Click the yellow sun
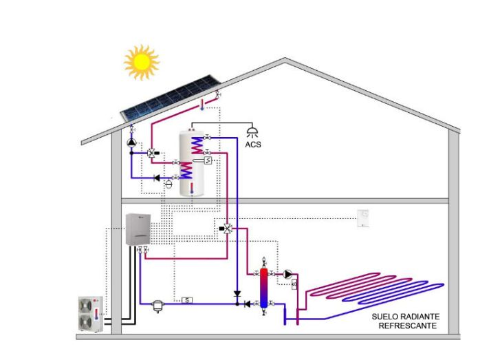click(142, 62)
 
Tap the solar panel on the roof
click(171, 98)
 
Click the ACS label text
click(253, 145)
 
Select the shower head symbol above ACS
click(252, 132)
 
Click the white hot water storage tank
click(192, 163)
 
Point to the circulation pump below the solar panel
click(131, 142)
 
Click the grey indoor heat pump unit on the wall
click(138, 229)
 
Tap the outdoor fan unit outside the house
click(91, 314)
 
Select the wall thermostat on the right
click(363, 218)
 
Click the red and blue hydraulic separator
click(264, 288)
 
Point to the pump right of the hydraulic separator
click(287, 274)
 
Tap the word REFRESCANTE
click(407, 326)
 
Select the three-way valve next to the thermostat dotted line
click(227, 229)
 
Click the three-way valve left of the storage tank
click(152, 153)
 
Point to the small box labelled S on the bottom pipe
click(187, 300)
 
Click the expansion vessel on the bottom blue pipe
click(158, 306)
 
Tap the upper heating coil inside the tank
click(197, 145)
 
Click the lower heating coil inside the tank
click(186, 170)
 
